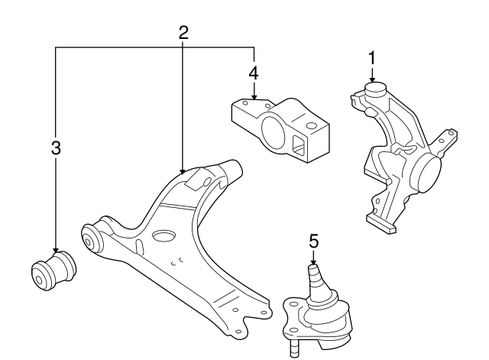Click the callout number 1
(x=372, y=57)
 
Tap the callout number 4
(x=254, y=73)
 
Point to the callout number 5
(x=313, y=242)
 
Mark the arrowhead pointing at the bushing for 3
(x=55, y=250)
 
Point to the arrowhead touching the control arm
(x=183, y=170)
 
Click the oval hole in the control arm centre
(x=164, y=236)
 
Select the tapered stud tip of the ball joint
(x=313, y=270)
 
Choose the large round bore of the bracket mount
(x=272, y=131)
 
